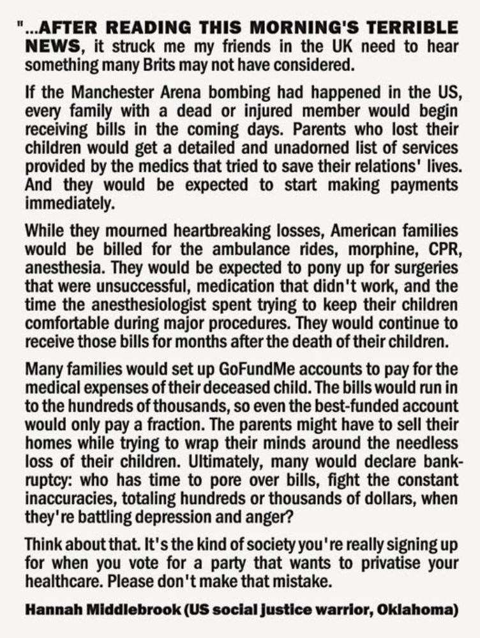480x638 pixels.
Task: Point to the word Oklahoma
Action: [x=417, y=610]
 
